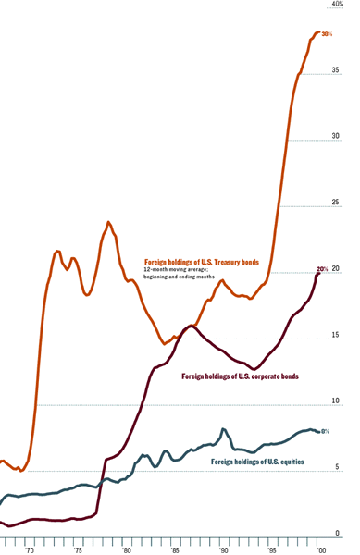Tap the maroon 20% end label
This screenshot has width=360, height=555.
pos(323,269)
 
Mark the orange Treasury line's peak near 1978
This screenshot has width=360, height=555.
pos(108,222)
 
